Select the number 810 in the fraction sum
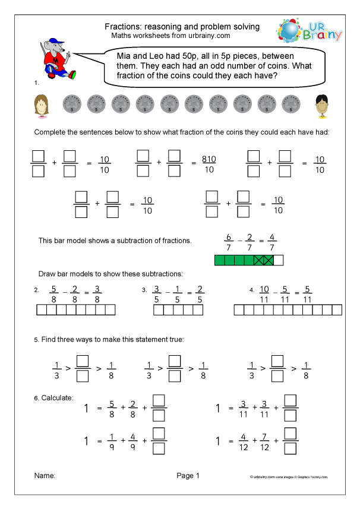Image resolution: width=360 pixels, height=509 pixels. (209, 159)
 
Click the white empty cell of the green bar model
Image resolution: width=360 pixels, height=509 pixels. (279, 259)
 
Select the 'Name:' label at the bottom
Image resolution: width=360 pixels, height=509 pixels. (45, 476)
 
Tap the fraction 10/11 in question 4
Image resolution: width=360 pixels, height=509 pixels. (265, 295)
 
